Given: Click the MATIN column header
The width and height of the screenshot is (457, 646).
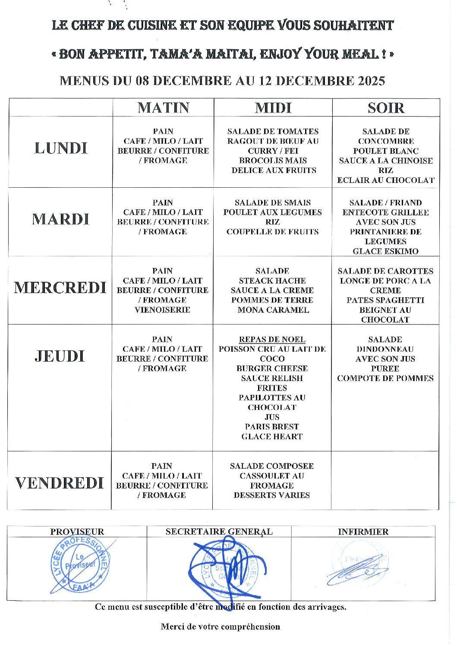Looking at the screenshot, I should [164, 107].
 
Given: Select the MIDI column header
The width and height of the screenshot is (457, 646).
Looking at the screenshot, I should [273, 107].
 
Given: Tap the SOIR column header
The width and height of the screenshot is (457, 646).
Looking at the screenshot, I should [386, 107].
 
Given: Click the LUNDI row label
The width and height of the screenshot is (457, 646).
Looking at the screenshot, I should [61, 148].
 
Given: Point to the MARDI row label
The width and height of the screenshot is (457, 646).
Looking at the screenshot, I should [60, 219].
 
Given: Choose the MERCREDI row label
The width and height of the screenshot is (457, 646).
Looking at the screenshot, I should [60, 287].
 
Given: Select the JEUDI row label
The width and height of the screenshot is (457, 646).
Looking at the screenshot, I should [60, 356].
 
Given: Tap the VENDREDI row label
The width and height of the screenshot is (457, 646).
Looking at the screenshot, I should [60, 483].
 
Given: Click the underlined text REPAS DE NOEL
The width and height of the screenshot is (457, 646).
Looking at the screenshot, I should [272, 340].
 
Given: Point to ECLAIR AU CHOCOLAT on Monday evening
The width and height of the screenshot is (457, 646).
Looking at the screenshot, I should [386, 180].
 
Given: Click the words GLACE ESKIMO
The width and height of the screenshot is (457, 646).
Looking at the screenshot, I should [385, 251].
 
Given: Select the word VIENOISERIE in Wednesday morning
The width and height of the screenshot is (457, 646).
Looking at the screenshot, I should [162, 310].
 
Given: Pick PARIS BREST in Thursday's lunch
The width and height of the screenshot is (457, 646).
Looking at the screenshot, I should [272, 427].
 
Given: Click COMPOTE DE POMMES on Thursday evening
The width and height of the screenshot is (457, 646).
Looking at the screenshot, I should [385, 378].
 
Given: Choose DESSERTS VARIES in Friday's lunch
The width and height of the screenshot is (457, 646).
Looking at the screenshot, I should [272, 495].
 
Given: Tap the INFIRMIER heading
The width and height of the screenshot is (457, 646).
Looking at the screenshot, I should [363, 532].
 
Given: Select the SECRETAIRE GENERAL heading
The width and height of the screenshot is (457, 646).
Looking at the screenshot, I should [219, 532].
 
